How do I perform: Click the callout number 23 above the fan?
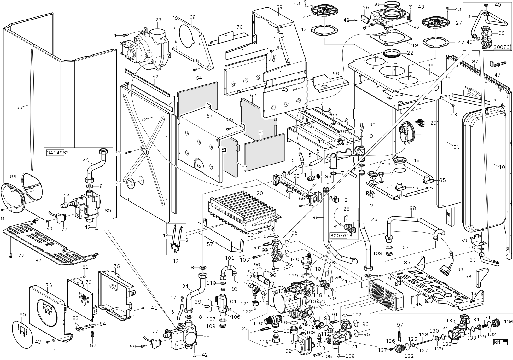(x=158, y=20)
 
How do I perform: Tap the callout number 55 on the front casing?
(x=19, y=107)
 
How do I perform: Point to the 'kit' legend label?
(x=500, y=342)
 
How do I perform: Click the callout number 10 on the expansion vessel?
(x=502, y=167)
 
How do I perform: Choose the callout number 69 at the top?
(x=279, y=7)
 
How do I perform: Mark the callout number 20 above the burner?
(x=259, y=193)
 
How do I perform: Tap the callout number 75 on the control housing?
(x=49, y=285)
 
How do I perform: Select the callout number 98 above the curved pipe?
(x=412, y=208)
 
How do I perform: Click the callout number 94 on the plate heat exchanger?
(x=391, y=278)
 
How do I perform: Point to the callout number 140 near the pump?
(x=294, y=259)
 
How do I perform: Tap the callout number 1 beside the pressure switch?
(x=422, y=134)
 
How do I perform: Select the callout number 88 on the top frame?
(x=430, y=66)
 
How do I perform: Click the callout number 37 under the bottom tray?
(x=38, y=260)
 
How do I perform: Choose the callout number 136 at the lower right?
(x=509, y=322)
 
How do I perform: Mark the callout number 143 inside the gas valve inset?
(x=65, y=194)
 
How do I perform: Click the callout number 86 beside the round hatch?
(x=13, y=177)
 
